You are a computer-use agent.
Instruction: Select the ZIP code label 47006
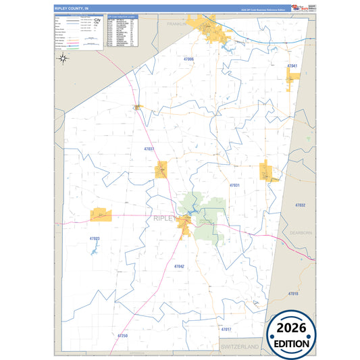coord(188,59)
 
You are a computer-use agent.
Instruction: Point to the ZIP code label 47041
coord(292,66)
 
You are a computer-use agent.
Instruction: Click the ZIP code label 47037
coord(149,149)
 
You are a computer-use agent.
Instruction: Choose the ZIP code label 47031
coord(234,185)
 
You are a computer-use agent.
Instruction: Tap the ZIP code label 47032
coord(301,205)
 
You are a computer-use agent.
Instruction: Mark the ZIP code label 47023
coord(94,238)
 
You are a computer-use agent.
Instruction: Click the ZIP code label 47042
coord(179,266)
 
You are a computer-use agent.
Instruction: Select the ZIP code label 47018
coord(293,294)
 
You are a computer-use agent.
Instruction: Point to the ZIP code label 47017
coord(226,329)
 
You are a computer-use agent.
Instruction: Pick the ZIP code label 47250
coord(122,335)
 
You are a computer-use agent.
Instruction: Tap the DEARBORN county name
coord(301,232)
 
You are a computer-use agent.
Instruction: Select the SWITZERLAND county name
coord(240,346)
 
